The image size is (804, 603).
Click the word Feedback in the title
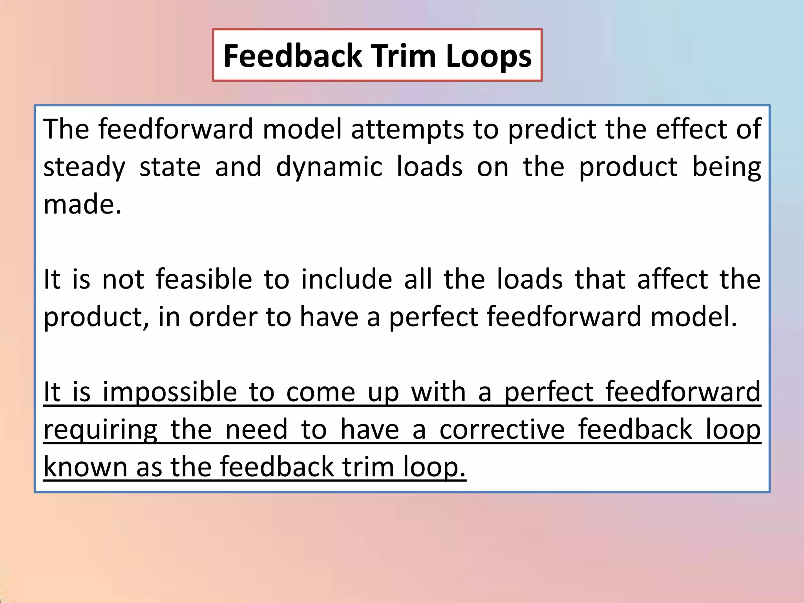(292, 56)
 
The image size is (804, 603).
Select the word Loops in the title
(489, 56)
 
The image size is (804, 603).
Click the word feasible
(204, 280)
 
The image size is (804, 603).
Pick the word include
(347, 280)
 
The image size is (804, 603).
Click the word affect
(672, 280)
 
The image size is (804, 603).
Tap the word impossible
(170, 393)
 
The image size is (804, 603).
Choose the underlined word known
(85, 467)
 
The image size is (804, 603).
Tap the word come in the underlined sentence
(321, 393)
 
